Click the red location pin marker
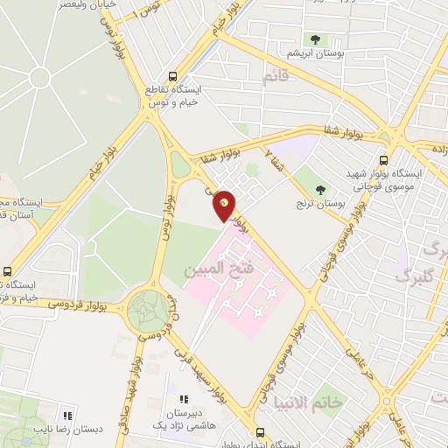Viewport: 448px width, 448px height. tap(225, 206)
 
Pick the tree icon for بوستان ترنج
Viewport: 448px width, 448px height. tap(321, 189)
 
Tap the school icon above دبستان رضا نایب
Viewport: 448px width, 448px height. tap(66, 415)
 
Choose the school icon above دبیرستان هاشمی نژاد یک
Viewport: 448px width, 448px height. tap(183, 399)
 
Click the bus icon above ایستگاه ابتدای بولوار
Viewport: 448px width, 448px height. tap(260, 431)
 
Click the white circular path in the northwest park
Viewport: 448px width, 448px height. tap(39, 78)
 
